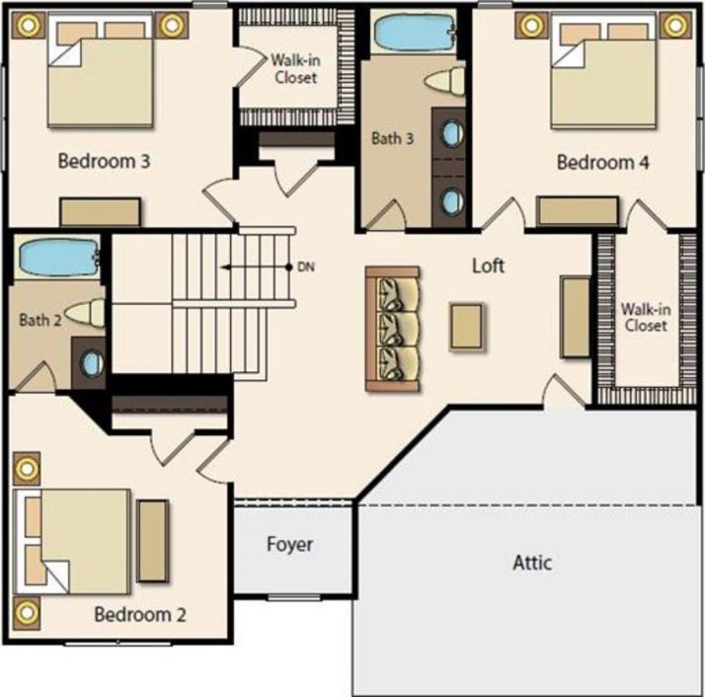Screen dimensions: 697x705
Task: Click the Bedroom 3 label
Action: click(x=104, y=161)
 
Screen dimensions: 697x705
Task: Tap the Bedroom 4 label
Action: click(x=602, y=162)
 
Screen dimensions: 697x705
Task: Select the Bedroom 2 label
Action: click(x=140, y=615)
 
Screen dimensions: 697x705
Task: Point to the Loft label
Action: click(x=488, y=266)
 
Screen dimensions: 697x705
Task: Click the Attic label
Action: click(x=532, y=564)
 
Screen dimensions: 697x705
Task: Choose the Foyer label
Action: click(x=289, y=544)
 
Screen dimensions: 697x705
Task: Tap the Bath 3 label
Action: click(x=392, y=138)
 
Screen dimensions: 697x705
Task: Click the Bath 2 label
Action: click(x=39, y=320)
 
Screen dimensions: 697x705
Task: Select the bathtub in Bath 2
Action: click(x=56, y=259)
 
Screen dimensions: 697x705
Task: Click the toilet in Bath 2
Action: click(x=85, y=314)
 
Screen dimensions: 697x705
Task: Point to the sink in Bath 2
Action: click(x=92, y=363)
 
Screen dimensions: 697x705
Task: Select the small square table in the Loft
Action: click(x=467, y=326)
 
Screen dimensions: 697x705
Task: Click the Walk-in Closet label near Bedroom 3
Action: click(x=294, y=68)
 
